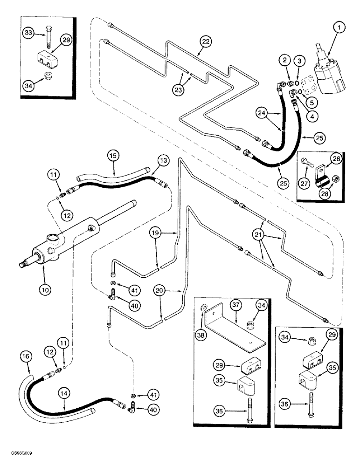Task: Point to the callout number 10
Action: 45,289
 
